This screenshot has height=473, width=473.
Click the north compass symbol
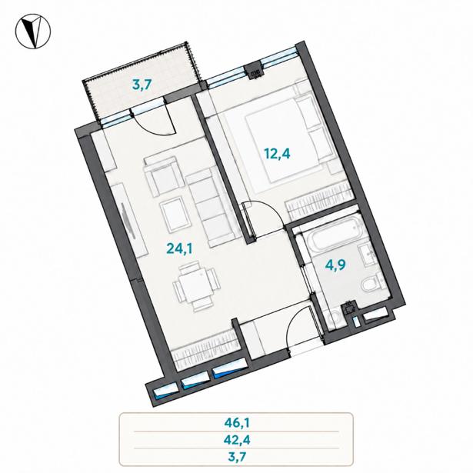(33, 31)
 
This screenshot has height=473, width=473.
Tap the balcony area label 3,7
(142, 85)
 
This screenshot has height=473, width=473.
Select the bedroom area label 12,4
(277, 154)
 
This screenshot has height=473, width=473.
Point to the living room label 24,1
(179, 249)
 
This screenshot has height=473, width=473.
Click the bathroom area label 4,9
(335, 265)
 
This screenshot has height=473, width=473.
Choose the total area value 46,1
(237, 423)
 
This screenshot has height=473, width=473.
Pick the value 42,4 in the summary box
(237, 440)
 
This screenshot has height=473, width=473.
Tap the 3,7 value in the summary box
(237, 457)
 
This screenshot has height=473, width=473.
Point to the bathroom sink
(367, 255)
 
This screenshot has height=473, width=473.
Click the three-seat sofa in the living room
(213, 208)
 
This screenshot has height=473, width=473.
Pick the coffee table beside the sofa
(175, 215)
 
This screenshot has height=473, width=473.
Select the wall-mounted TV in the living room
(128, 221)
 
